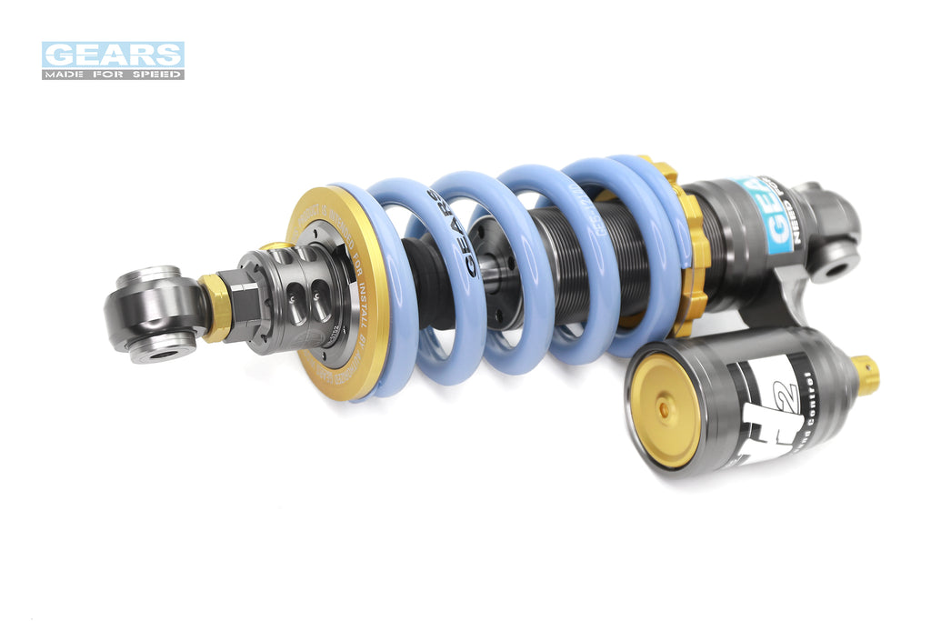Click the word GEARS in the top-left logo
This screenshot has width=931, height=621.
[x=113, y=55]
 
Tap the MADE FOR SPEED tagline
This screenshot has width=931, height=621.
[x=113, y=74]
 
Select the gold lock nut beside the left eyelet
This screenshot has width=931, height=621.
[x=216, y=306]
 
